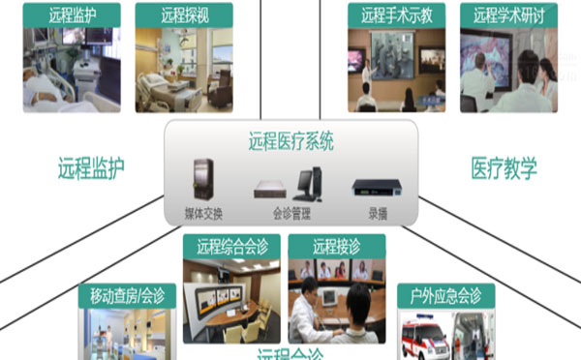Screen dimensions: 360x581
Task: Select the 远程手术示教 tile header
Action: point(397,15)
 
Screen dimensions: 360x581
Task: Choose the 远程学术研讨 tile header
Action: point(508,15)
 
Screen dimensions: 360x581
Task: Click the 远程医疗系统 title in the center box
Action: point(291,142)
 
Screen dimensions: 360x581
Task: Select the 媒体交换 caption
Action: point(204,212)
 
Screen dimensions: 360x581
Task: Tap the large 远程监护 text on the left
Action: point(91,167)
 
